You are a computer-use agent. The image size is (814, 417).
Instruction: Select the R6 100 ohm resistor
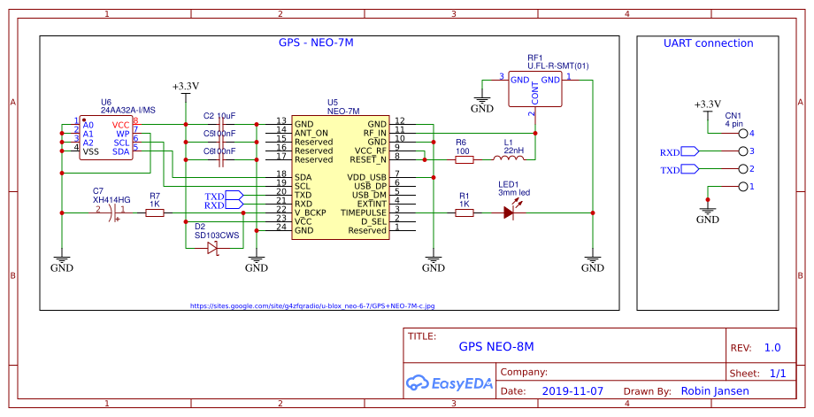(x=464, y=159)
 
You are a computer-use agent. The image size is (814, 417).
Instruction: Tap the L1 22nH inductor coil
(x=508, y=159)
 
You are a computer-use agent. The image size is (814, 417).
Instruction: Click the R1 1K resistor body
(x=464, y=212)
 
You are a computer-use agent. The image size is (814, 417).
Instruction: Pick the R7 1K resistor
(x=155, y=212)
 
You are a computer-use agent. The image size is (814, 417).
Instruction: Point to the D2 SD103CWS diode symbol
(x=212, y=249)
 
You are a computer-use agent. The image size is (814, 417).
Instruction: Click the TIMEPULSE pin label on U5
(x=365, y=212)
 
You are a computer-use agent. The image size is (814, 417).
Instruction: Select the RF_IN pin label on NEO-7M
(x=374, y=132)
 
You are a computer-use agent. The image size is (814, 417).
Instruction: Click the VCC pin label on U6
(x=120, y=125)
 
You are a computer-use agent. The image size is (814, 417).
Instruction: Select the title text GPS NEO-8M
(x=496, y=347)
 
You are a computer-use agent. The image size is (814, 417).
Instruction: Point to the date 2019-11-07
(x=572, y=390)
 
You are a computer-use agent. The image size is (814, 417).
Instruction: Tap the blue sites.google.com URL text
(x=312, y=306)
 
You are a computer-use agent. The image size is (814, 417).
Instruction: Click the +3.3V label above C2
(x=185, y=87)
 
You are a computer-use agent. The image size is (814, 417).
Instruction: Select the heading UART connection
(x=708, y=42)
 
